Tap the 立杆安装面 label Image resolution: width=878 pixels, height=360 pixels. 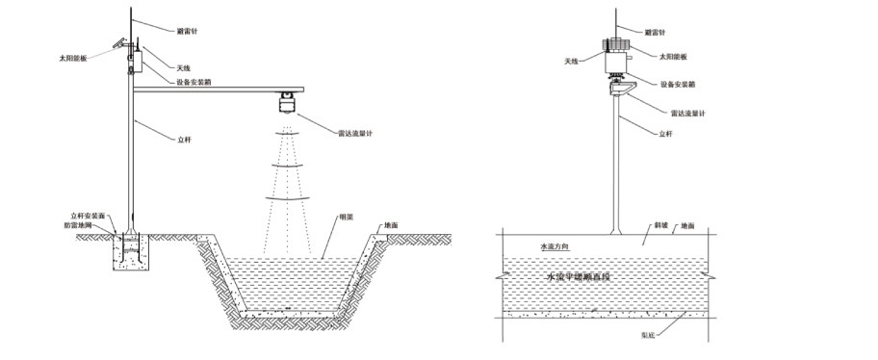tap(88, 216)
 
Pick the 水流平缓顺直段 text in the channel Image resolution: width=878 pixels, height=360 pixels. tap(581, 277)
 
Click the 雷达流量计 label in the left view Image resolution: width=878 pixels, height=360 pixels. tap(355, 133)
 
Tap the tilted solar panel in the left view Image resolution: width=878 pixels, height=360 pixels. tap(120, 44)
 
